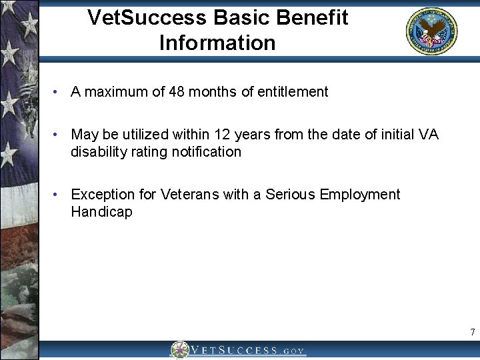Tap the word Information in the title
217,43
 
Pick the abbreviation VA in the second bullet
429,135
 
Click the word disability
97,152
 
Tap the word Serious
291,195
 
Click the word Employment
360,195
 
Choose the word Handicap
101,212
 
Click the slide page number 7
472,332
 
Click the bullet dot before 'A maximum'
59,92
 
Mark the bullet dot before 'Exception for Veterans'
59,195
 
